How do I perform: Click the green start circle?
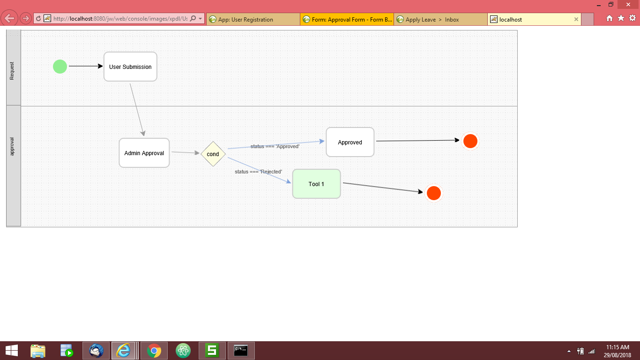click(x=60, y=67)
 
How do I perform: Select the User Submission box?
click(x=130, y=67)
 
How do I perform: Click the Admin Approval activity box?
click(x=144, y=153)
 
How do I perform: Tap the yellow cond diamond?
click(x=213, y=154)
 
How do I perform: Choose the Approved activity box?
click(x=350, y=142)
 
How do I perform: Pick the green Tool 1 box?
click(x=316, y=184)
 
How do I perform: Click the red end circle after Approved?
click(x=470, y=141)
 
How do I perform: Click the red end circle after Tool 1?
click(x=433, y=193)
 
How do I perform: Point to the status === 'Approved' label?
click(x=275, y=146)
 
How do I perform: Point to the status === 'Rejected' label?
click(x=258, y=172)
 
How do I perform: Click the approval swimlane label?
click(x=13, y=146)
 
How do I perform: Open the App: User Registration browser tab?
click(x=246, y=20)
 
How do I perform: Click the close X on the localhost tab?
click(x=576, y=20)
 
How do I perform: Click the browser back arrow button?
click(x=10, y=19)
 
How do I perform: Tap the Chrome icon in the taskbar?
click(x=154, y=350)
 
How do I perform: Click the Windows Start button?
click(x=11, y=350)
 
